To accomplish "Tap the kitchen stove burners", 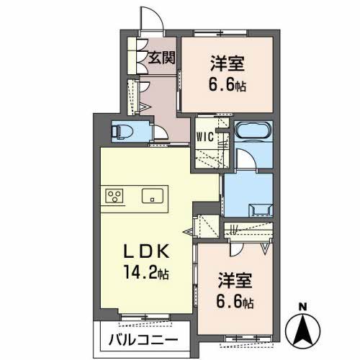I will tap(115, 195).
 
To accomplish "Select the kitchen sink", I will tap(153, 196).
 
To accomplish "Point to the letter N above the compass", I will tap(303, 305).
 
